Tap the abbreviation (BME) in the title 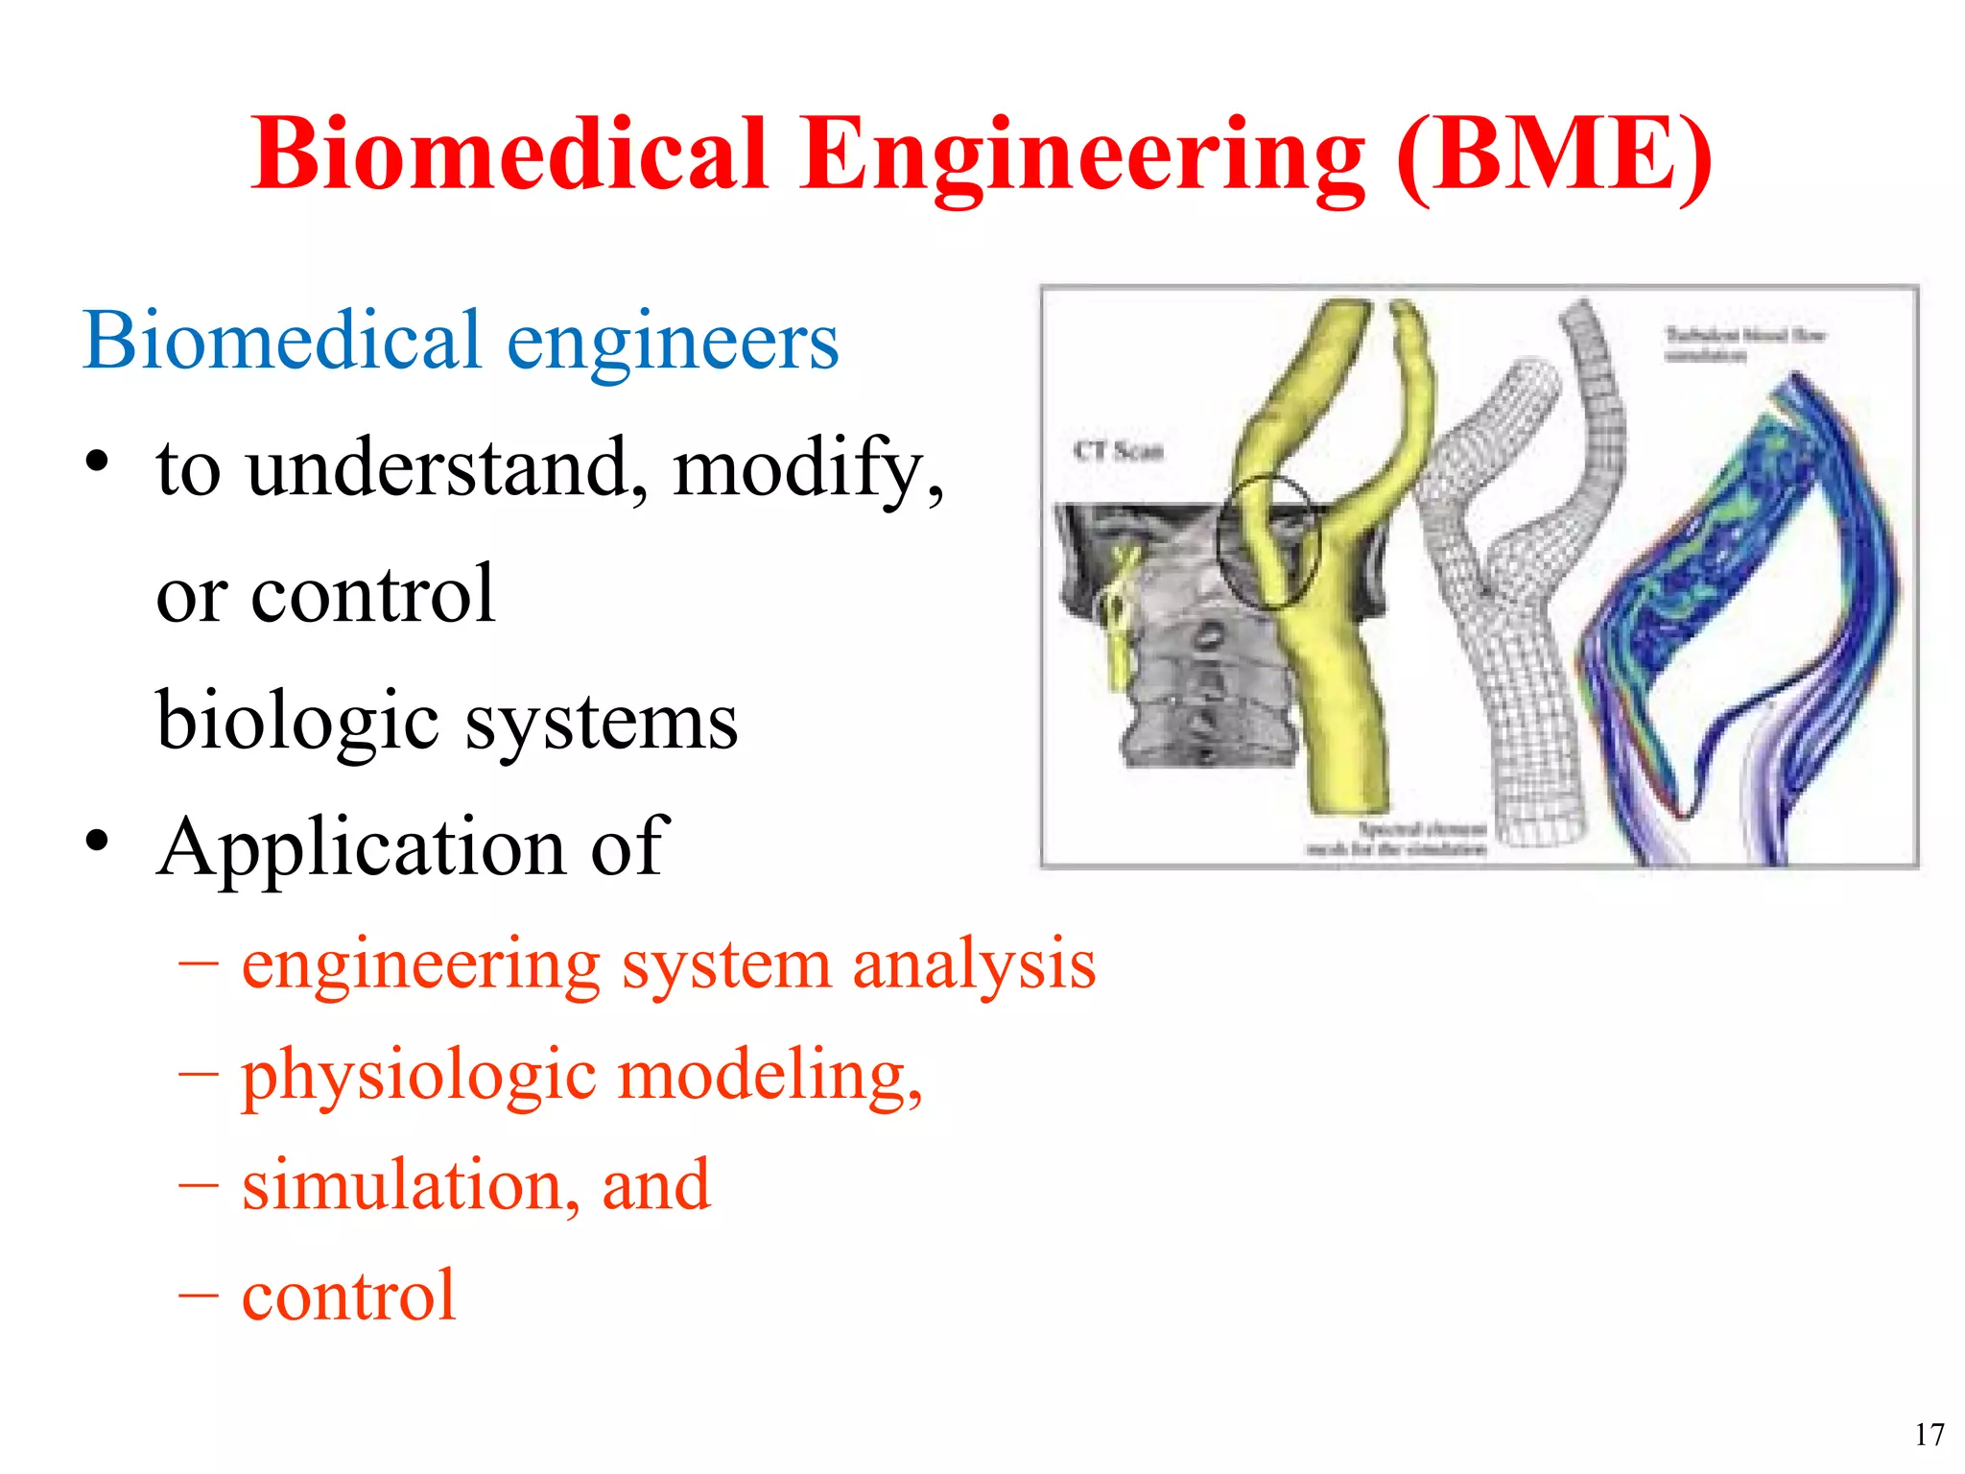point(1553,155)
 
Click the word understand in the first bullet point(446,468)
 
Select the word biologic point(297,723)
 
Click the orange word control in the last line point(348,1296)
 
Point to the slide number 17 point(1929,1435)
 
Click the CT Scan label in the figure point(1118,450)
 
